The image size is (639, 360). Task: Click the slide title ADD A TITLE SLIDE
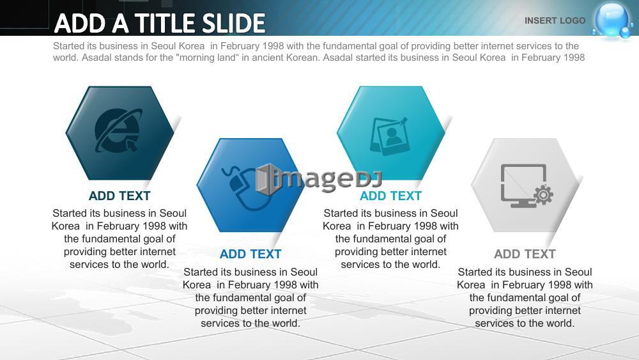coord(159,23)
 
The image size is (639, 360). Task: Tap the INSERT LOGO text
coord(555,20)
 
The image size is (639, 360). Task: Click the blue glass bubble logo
coord(612,20)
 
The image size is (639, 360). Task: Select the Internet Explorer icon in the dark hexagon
coord(118,130)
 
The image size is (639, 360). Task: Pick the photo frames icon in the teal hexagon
coord(389,136)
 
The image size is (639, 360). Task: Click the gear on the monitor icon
coord(543,195)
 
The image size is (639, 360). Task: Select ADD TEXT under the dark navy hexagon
coord(119,196)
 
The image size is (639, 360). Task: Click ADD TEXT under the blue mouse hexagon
coord(250,254)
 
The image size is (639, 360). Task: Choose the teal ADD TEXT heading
coord(390,196)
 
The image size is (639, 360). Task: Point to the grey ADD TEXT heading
coord(525,254)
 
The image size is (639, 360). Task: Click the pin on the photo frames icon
coord(403,121)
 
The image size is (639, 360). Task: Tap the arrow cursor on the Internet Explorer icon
coord(131,145)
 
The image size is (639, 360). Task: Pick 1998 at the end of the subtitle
coord(574,58)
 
